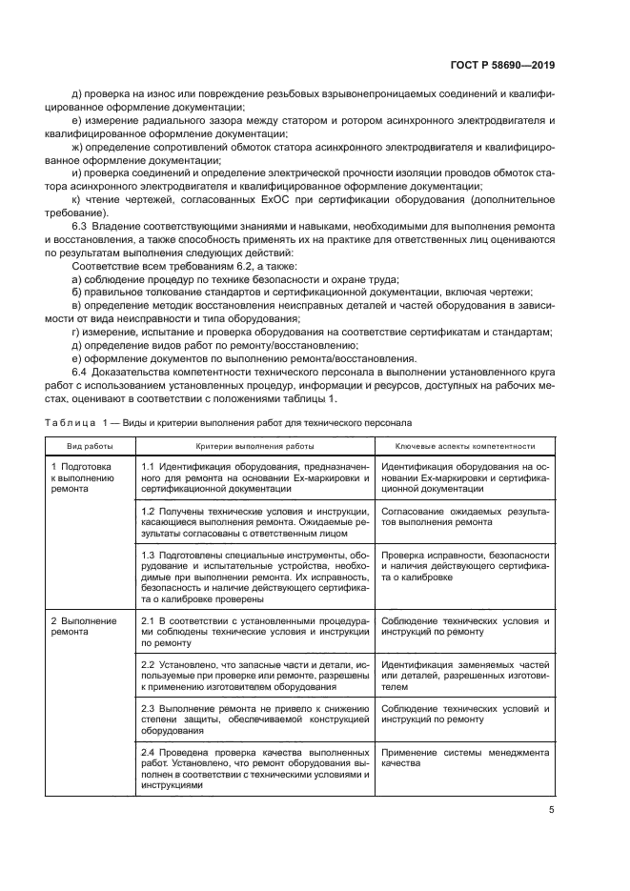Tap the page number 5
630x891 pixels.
tap(551, 811)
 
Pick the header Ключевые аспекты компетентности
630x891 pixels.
tap(465, 445)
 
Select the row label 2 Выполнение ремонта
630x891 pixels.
tap(75, 626)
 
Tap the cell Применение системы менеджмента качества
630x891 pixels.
tap(464, 758)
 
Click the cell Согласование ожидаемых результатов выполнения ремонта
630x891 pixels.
tap(464, 517)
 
